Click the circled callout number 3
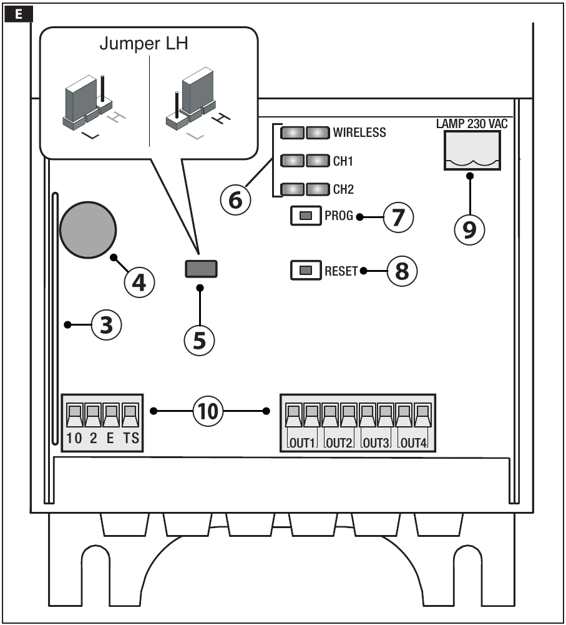[107, 326]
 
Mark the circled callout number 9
[469, 229]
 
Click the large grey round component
[88, 229]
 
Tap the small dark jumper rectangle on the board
[201, 269]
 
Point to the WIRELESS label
[359, 132]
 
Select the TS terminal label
[131, 438]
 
